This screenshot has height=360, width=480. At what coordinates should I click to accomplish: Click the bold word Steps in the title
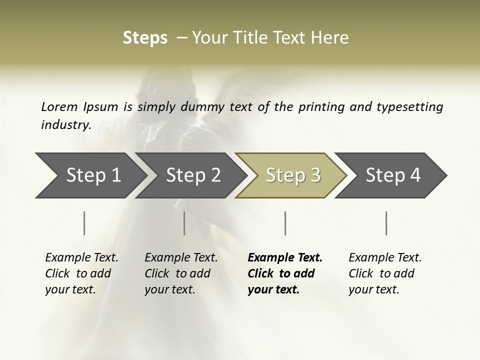click(145, 38)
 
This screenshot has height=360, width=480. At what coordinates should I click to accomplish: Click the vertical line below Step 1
click(84, 223)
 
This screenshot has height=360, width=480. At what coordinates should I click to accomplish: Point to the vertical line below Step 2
click(184, 223)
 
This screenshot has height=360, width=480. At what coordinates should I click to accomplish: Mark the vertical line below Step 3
click(285, 223)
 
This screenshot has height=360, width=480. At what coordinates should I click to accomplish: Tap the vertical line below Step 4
click(386, 223)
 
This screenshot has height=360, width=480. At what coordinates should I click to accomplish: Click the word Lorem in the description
click(59, 106)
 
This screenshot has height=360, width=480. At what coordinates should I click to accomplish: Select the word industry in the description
click(65, 124)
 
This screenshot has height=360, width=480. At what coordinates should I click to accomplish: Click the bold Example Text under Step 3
click(285, 257)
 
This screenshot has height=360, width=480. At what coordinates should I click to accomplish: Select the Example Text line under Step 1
click(81, 257)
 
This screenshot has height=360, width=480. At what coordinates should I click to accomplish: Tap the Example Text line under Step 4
click(385, 257)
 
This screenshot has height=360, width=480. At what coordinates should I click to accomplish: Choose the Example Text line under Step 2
click(181, 257)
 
